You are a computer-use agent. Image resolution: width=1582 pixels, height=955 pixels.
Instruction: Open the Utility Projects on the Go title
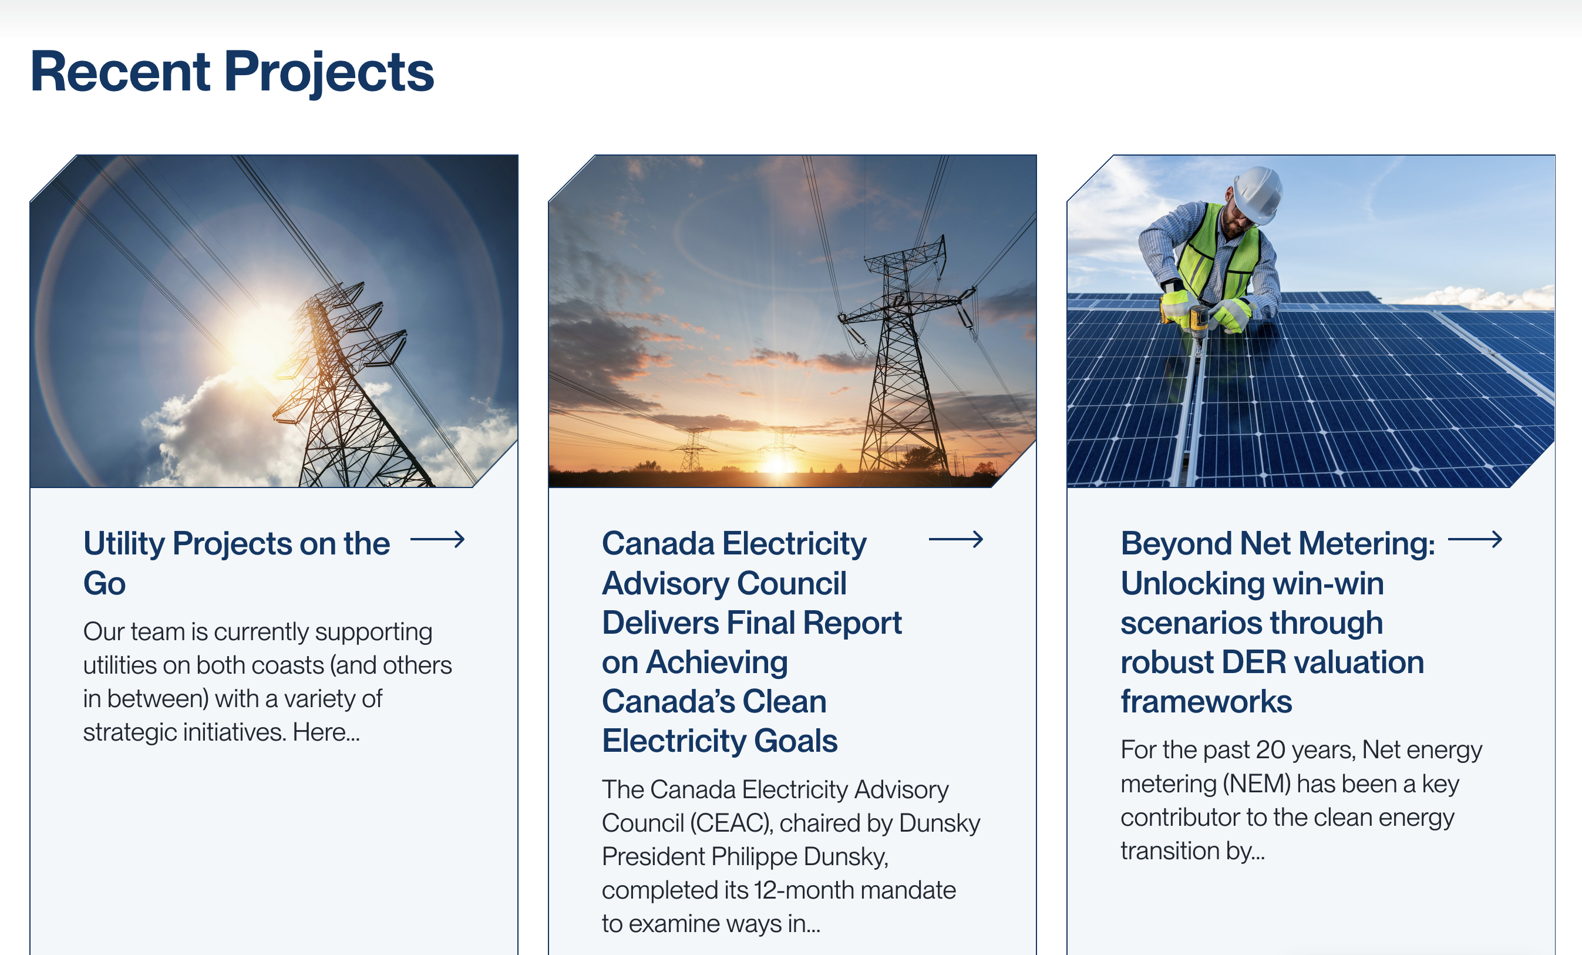pyautogui.click(x=236, y=563)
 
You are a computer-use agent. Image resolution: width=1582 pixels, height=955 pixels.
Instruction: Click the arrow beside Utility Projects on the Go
pyautogui.click(x=437, y=540)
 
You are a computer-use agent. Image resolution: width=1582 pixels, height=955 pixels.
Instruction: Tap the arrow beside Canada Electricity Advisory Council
pyautogui.click(x=956, y=540)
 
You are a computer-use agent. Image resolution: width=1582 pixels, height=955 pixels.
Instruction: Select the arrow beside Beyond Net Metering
pyautogui.click(x=1475, y=540)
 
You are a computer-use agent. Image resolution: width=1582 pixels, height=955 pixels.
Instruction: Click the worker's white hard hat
pyautogui.click(x=1257, y=194)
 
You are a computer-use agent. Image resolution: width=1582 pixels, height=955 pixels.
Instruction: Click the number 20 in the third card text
pyautogui.click(x=1270, y=749)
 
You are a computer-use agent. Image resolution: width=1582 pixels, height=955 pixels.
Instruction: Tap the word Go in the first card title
pyautogui.click(x=105, y=583)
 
